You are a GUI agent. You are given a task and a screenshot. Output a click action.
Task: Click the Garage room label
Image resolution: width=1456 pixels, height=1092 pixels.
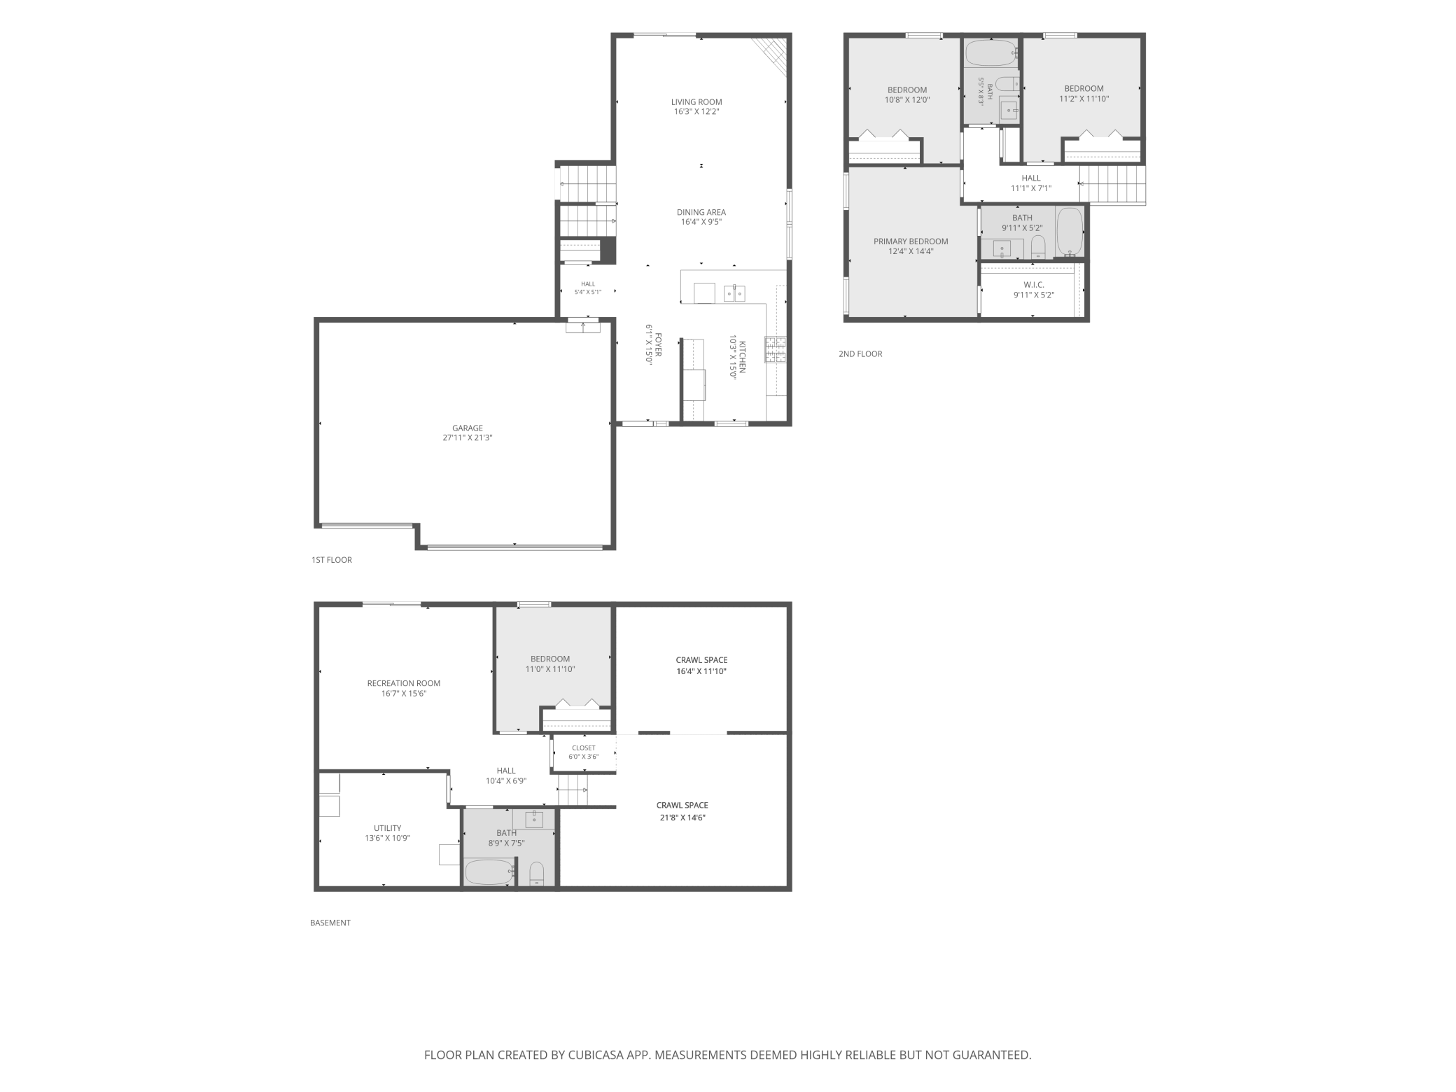pos(467,428)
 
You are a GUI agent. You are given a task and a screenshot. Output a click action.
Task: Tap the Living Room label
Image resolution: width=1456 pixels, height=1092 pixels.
pos(696,102)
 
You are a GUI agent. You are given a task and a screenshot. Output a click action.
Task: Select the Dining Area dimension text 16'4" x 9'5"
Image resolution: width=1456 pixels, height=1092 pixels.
pos(701,222)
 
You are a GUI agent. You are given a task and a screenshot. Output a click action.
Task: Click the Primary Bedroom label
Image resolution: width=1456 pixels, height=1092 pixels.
pos(911,241)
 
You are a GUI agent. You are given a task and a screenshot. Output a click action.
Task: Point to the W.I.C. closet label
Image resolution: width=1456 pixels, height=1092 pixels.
pos(1034,285)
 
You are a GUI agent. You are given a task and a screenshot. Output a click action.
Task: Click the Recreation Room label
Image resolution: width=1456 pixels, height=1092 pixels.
pos(404,683)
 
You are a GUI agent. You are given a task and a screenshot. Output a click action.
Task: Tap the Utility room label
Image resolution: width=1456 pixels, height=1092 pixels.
pos(387,828)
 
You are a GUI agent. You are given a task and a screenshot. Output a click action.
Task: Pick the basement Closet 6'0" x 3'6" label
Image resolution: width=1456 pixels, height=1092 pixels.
pos(584,752)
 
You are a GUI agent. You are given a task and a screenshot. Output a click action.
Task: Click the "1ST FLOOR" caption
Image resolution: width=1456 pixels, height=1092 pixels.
pos(332,560)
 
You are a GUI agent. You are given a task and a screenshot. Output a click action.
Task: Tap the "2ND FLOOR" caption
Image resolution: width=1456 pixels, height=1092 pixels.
pos(860,354)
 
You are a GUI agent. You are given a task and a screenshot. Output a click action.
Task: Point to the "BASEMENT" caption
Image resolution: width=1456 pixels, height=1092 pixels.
pos(330,923)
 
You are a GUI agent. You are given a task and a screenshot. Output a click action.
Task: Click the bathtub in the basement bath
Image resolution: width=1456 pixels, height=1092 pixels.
pos(489,872)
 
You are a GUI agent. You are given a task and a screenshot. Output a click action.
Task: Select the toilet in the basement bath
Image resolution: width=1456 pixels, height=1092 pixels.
pos(536,874)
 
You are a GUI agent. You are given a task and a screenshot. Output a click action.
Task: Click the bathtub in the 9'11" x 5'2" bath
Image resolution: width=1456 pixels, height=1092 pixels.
pos(1069,231)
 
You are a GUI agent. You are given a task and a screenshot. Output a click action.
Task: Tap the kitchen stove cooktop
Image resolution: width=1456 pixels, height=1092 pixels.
pos(776,349)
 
